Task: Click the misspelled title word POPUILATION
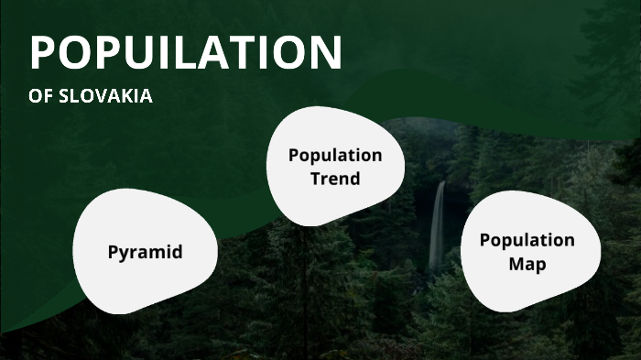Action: coord(186,52)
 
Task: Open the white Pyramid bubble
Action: coord(145,251)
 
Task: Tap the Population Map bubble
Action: coord(528,252)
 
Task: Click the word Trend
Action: coord(335,179)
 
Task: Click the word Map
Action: coord(528,265)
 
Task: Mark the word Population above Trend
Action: coord(335,155)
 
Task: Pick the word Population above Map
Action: coord(528,240)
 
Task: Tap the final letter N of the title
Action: coord(323,52)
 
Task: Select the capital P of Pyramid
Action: coord(113,251)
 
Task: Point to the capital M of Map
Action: coord(516,265)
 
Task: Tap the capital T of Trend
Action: coord(315,179)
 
